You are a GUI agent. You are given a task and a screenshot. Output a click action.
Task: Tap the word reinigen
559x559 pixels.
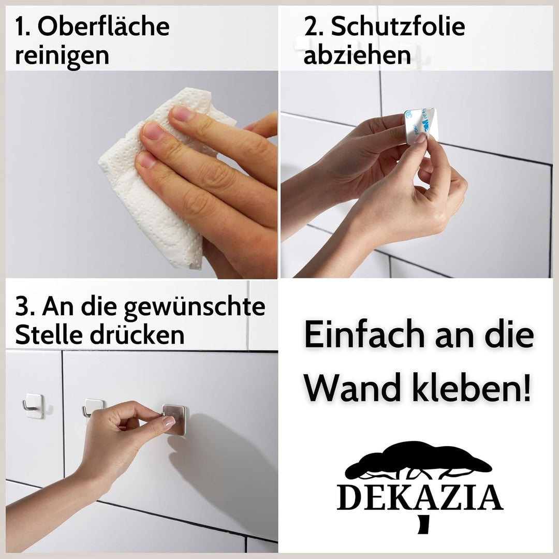[x=62, y=56]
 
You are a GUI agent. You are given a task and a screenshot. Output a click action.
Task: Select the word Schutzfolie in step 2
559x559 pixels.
[x=398, y=27]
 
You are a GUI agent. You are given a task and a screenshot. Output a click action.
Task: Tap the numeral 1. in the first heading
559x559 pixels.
[x=23, y=27]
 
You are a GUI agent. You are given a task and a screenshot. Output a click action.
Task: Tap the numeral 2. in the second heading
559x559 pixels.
[x=314, y=27]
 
